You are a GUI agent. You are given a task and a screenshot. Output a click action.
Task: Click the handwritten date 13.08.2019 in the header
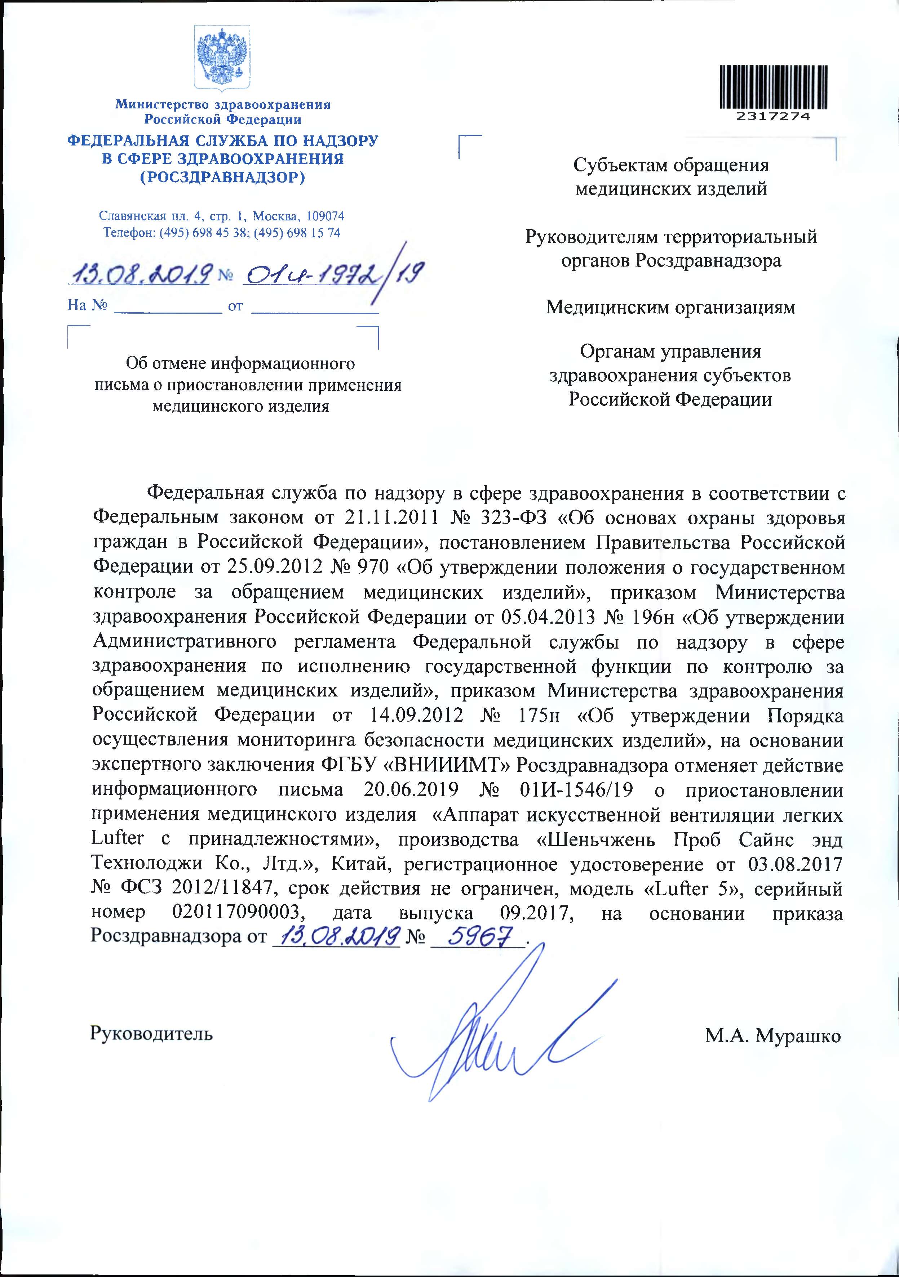139,273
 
